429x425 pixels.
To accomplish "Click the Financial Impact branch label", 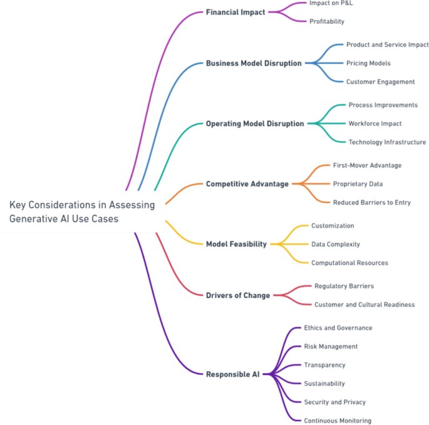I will pos(235,12).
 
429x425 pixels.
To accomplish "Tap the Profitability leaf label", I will pos(326,21).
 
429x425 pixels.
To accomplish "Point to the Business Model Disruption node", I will pos(254,63).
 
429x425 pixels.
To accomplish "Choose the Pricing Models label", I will pos(368,63).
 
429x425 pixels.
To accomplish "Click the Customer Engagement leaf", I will pos(380,81).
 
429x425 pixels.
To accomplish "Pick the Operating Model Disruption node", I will pos(255,124).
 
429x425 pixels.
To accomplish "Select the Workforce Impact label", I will pos(375,123).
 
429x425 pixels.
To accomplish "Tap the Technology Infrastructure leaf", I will pos(387,142).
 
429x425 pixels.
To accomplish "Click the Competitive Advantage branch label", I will pos(247,184).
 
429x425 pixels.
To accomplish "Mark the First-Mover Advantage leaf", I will pos(367,165).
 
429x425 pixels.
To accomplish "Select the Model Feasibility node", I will pos(236,244).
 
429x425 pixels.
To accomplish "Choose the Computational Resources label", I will pos(349,263).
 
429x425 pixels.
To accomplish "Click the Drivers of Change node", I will pos(238,295).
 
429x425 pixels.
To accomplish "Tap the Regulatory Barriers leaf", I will pos(344,286).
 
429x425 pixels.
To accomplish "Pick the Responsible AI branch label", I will pos(232,374).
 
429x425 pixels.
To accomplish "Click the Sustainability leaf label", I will pos(324,383).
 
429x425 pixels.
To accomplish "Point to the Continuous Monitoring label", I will pos(338,421).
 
